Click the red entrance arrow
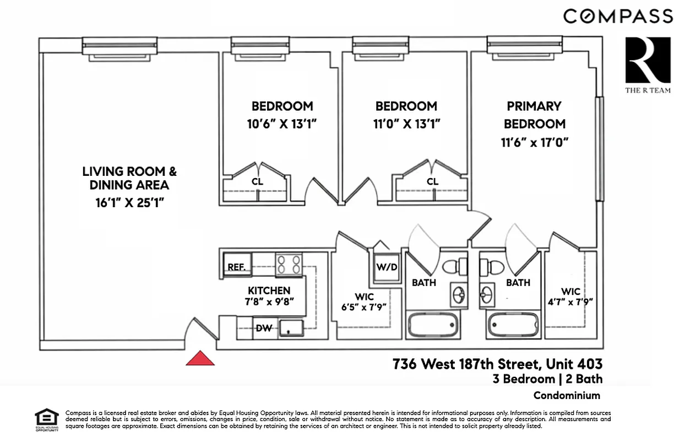click(x=200, y=359)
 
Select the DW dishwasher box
click(x=264, y=328)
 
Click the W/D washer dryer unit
click(x=387, y=267)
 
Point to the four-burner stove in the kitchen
click(x=289, y=264)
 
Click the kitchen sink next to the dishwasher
click(x=291, y=328)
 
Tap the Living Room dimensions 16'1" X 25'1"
click(x=129, y=202)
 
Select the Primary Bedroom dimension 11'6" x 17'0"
click(x=534, y=142)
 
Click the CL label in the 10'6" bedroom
click(x=257, y=181)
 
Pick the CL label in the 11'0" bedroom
click(x=433, y=181)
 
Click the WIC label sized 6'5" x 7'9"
click(x=364, y=297)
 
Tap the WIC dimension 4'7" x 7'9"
click(x=571, y=302)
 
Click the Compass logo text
click(x=618, y=16)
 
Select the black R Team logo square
click(x=648, y=59)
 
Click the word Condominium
click(x=567, y=395)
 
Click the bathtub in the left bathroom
click(x=432, y=324)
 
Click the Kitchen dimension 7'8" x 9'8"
click(x=269, y=302)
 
